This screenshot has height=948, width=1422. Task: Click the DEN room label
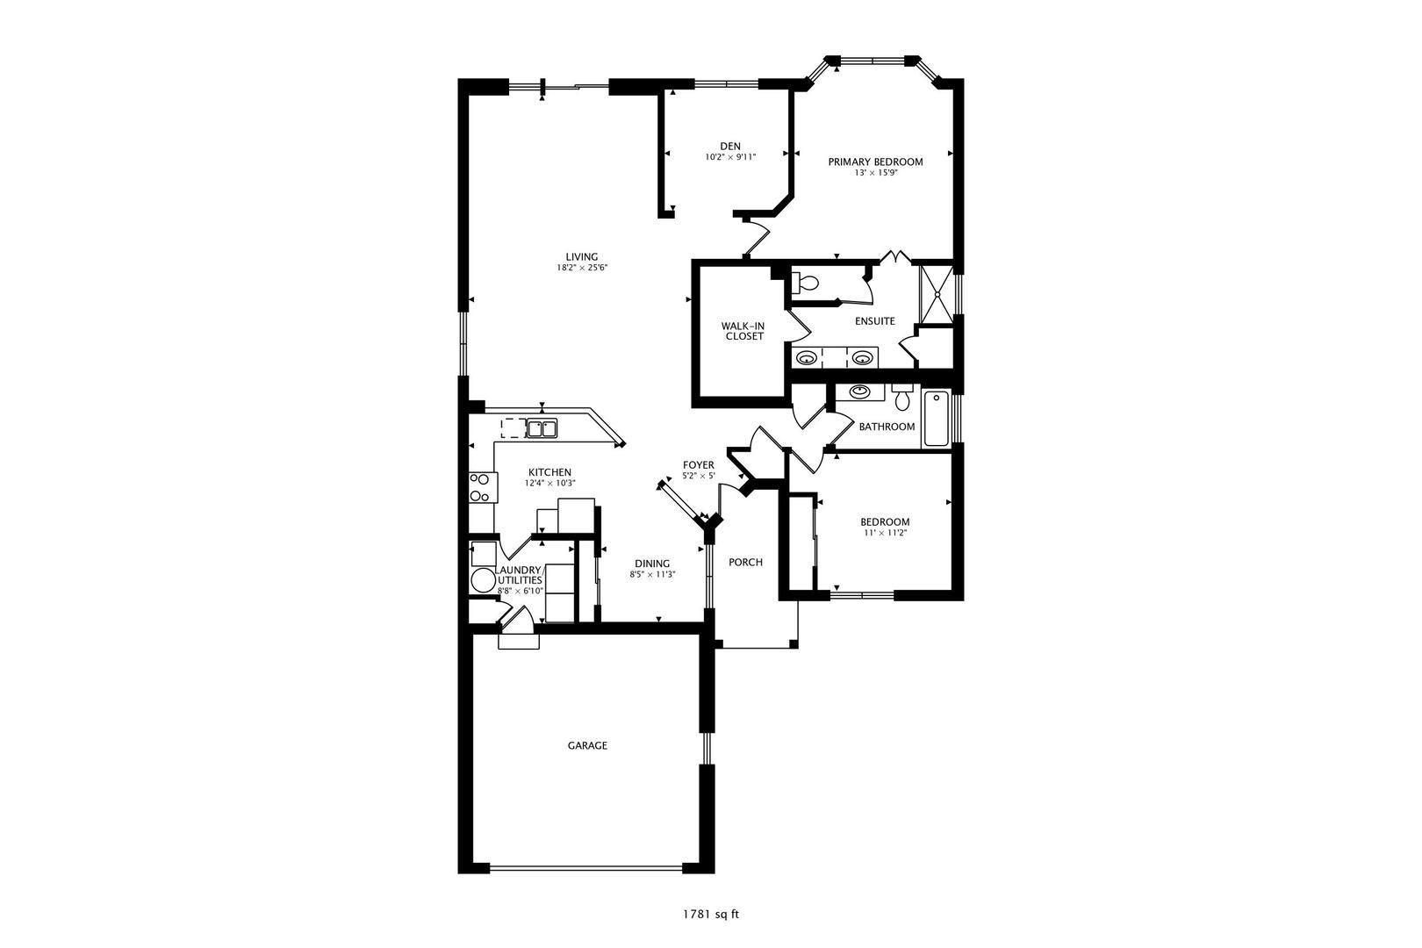730,146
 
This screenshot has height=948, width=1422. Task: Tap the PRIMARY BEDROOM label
875,162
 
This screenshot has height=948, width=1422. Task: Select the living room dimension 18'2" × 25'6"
582,268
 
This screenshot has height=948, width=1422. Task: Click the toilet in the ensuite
804,283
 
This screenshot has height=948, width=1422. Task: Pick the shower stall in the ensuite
937,295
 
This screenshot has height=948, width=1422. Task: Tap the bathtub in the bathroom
936,419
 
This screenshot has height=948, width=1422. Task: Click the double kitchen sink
542,428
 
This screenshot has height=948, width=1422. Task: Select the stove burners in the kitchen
479,488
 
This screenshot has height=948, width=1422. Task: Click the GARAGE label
587,745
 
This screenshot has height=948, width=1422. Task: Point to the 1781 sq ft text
711,915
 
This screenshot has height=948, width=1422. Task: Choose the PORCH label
745,562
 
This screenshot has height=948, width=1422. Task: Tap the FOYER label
699,465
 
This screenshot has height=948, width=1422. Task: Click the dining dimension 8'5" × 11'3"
652,574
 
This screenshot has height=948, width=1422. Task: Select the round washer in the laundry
483,580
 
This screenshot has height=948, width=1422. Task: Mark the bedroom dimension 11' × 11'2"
885,533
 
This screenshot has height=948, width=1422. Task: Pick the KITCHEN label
549,472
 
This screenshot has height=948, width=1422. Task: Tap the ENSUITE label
875,321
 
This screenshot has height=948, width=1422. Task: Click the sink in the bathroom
859,391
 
